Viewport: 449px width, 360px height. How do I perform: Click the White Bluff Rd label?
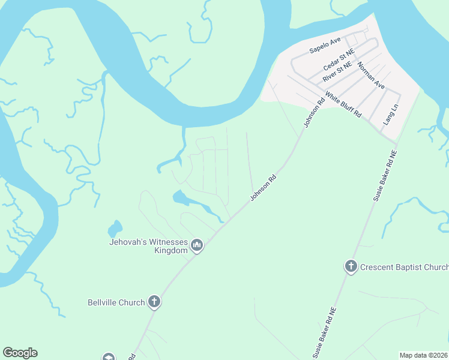pyautogui.click(x=344, y=104)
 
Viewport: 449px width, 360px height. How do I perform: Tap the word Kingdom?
pyautogui.click(x=170, y=251)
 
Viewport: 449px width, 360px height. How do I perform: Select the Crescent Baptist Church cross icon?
pyautogui.click(x=351, y=266)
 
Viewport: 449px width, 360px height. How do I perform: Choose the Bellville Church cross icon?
pyautogui.click(x=154, y=302)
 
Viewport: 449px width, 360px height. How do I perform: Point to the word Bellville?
pyautogui.click(x=104, y=302)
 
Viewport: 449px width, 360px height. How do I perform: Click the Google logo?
pyautogui.click(x=20, y=353)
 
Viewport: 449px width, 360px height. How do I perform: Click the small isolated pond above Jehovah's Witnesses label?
pyautogui.click(x=114, y=229)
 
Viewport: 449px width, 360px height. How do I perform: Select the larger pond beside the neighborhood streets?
pyautogui.click(x=180, y=197)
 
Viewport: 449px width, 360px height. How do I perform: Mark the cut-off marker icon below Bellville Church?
pyautogui.click(x=108, y=357)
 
